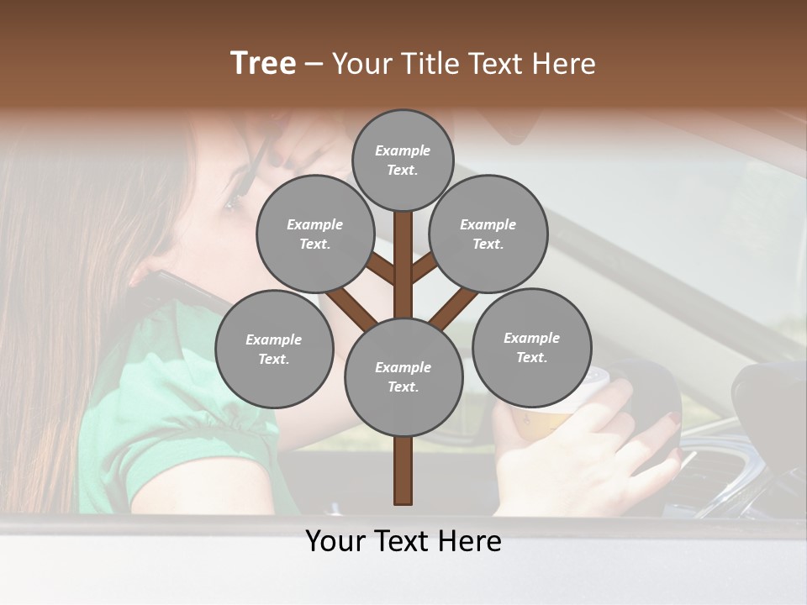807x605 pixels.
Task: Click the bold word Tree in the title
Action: pos(263,64)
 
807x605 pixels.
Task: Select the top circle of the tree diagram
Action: pos(403,160)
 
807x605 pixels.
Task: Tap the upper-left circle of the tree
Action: pos(315,234)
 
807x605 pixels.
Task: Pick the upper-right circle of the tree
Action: pos(488,234)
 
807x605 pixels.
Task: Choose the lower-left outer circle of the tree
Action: pos(274,349)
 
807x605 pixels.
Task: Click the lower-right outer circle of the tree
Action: pos(531,347)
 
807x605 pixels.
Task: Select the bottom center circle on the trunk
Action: pos(403,376)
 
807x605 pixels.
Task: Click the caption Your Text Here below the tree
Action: pos(403,541)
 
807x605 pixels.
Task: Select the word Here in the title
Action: pos(564,64)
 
